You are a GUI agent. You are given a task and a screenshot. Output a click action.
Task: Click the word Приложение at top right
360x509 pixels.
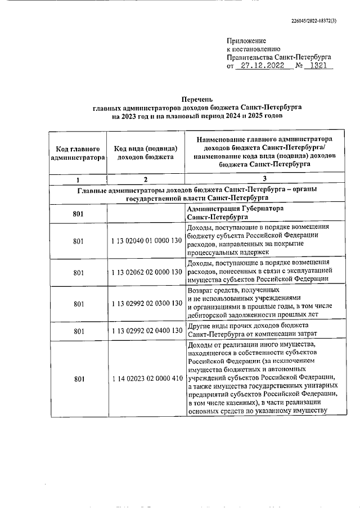(x=246, y=40)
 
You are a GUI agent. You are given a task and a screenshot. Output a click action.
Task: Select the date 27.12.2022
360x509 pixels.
(x=264, y=66)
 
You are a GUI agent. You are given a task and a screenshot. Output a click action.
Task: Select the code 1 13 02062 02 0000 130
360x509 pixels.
(x=146, y=272)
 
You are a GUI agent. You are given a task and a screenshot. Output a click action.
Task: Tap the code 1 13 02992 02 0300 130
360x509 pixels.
(x=146, y=304)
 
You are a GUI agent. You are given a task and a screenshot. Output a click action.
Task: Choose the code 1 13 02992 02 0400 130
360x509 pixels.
(x=146, y=330)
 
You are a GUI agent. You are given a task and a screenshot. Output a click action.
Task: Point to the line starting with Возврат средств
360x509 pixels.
(x=224, y=289)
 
